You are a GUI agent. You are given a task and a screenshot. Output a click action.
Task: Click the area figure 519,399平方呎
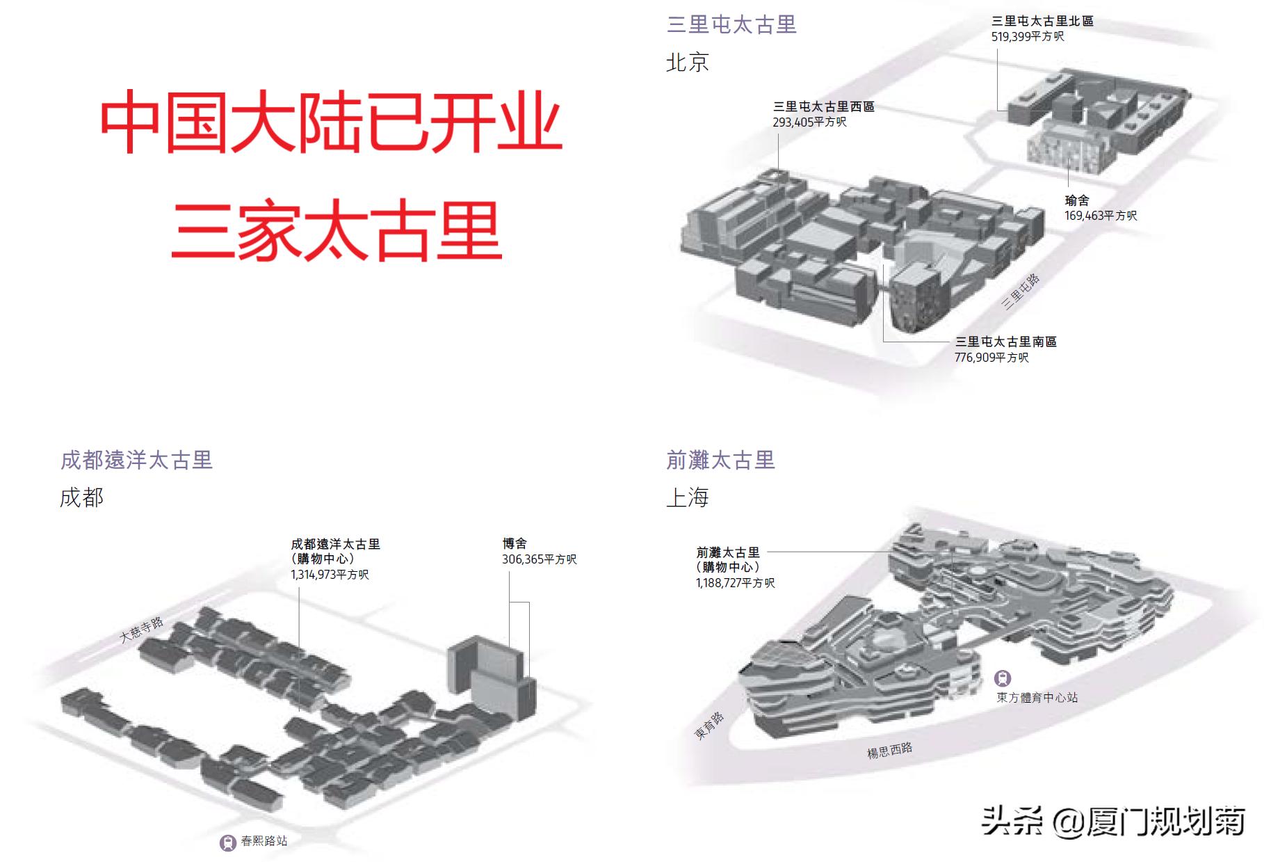(x=1027, y=36)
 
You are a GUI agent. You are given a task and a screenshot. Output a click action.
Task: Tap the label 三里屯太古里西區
(x=823, y=106)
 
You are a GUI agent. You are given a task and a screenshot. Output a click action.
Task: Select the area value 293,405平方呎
(x=809, y=122)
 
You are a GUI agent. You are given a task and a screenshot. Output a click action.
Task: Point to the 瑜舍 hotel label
(x=1077, y=200)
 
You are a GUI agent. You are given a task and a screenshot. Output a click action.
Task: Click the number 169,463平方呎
(x=1101, y=216)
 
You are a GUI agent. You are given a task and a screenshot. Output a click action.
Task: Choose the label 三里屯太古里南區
(x=1005, y=342)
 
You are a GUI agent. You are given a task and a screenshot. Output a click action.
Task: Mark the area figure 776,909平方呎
(x=991, y=358)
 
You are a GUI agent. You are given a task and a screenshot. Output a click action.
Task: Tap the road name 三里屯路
(x=1021, y=292)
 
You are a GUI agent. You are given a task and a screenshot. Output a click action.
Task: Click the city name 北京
(x=687, y=63)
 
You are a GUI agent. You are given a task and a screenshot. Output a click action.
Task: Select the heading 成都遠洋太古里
(x=136, y=460)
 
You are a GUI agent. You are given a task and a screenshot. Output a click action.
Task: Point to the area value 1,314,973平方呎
(x=330, y=575)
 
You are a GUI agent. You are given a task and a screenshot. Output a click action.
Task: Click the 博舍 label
(x=515, y=543)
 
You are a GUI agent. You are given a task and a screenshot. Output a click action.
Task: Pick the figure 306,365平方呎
(x=539, y=559)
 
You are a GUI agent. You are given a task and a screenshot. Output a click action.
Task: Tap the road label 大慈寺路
(x=141, y=629)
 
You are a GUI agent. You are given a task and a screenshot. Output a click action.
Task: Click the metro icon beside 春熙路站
(x=227, y=843)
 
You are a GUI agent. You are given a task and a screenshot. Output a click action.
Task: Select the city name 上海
(x=687, y=497)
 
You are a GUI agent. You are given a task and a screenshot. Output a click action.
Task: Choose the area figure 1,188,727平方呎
(x=735, y=583)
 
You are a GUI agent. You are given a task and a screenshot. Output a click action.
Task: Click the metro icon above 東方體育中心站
(x=1002, y=678)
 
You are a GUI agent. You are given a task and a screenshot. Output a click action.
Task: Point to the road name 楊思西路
(x=889, y=750)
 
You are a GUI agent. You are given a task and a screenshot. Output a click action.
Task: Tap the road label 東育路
(x=709, y=725)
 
